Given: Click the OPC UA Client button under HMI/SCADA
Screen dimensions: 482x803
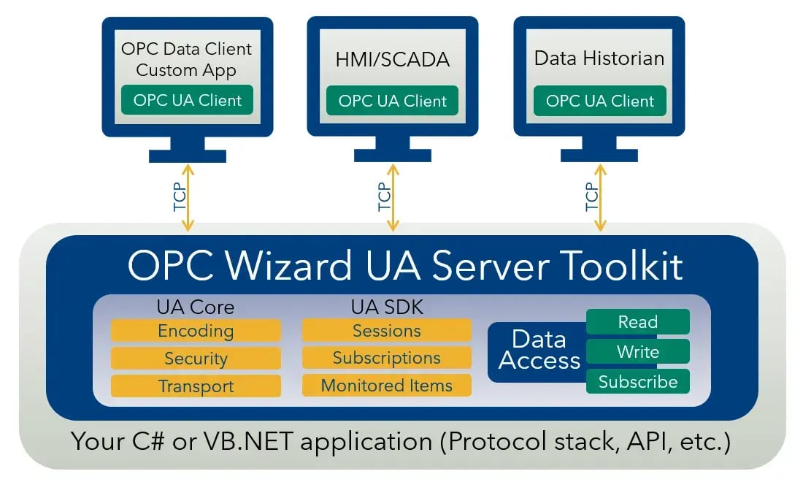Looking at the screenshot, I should tap(392, 101).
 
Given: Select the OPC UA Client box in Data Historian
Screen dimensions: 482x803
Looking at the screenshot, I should tap(599, 101).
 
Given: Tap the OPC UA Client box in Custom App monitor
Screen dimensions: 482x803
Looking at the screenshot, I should tap(187, 100).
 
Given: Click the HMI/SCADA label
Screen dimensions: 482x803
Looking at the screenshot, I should tap(391, 59).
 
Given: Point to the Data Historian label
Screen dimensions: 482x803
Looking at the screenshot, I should tap(599, 58).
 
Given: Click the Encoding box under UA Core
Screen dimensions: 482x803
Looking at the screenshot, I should tap(196, 331).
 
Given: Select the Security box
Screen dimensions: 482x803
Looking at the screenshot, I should tap(196, 359).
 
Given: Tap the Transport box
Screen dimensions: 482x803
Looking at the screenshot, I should tap(196, 386).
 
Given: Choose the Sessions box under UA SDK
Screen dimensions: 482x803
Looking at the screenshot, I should tap(386, 331).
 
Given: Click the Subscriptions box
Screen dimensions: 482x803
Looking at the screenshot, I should tap(386, 359).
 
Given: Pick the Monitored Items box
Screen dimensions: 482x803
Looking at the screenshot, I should tap(386, 386).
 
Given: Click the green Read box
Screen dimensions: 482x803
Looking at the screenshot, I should tap(637, 322).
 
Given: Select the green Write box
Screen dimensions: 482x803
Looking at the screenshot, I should tap(637, 352).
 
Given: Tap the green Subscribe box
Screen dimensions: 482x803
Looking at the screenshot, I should tap(637, 381).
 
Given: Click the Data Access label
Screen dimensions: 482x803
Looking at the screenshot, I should tap(539, 350).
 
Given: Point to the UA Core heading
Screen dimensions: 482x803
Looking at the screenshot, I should tap(195, 307).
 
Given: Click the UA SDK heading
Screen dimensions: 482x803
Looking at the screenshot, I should tap(387, 307).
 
